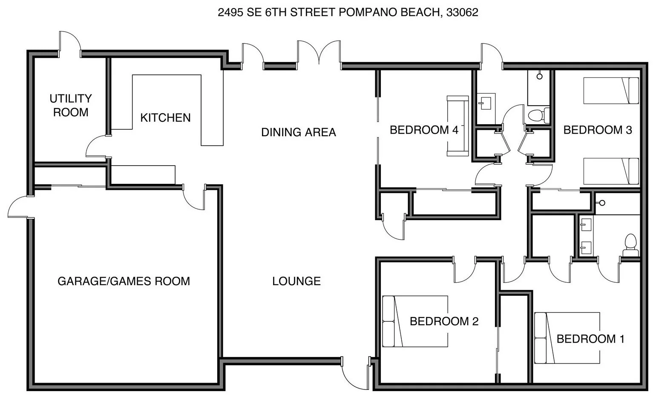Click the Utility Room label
pyautogui.click(x=71, y=105)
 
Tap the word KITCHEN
pyautogui.click(x=165, y=117)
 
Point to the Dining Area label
pyautogui.click(x=299, y=132)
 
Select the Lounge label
pyautogui.click(x=296, y=281)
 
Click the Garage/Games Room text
pyautogui.click(x=124, y=281)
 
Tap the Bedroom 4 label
pyautogui.click(x=424, y=130)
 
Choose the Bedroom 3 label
pyautogui.click(x=598, y=130)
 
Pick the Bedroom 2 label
pyautogui.click(x=444, y=321)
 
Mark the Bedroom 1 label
pyautogui.click(x=590, y=339)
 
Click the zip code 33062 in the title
pyautogui.click(x=462, y=12)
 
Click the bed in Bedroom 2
pyautogui.click(x=415, y=321)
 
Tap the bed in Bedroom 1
pyautogui.click(x=567, y=338)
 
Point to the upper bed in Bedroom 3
pyautogui.click(x=611, y=90)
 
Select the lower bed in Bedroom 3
pyautogui.click(x=611, y=171)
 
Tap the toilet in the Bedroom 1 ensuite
pyautogui.click(x=630, y=245)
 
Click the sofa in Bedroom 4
pyautogui.click(x=457, y=126)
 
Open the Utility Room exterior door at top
pyautogui.click(x=70, y=44)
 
